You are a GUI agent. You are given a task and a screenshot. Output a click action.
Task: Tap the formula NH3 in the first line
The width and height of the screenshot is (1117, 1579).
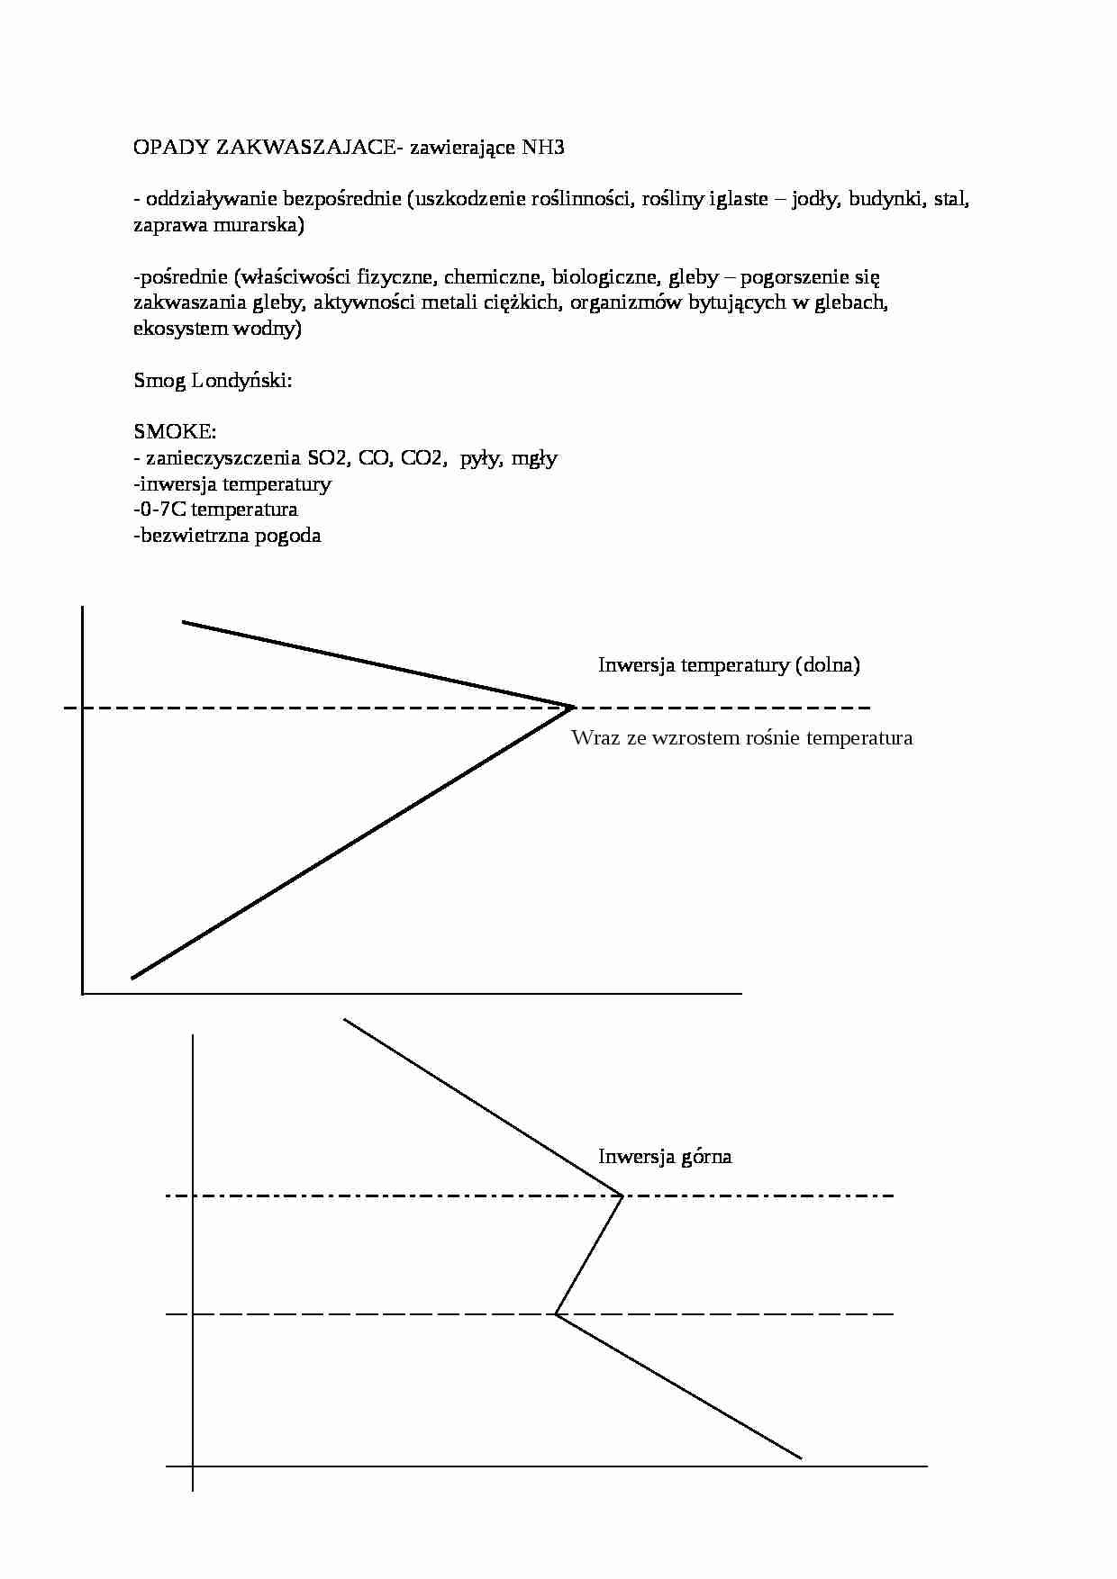[543, 148]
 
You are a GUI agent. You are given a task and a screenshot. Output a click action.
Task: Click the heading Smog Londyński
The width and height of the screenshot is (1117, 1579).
[213, 381]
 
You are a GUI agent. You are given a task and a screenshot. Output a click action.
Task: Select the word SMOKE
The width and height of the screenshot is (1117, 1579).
[175, 432]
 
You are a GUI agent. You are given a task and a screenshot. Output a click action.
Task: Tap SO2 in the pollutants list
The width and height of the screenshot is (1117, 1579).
[327, 458]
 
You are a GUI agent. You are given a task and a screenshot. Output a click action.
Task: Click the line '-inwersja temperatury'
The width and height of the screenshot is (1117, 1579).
[232, 484]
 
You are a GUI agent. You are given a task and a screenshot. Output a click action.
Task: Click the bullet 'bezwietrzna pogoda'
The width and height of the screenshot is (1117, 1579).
[229, 536]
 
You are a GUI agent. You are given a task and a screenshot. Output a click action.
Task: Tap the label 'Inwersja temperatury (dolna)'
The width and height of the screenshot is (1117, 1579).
[729, 665]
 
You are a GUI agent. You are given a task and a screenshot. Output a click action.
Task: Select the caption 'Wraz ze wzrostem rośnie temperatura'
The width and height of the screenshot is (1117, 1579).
[741, 738]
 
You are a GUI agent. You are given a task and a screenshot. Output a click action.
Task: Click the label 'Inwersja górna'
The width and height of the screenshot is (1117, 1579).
[665, 1157]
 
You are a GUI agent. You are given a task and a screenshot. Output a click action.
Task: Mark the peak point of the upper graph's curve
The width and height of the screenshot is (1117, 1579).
[573, 707]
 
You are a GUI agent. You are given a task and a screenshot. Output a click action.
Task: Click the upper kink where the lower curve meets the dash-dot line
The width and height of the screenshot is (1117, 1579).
[622, 1196]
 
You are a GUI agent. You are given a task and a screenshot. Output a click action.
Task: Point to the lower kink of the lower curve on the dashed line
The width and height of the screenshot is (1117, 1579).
[556, 1314]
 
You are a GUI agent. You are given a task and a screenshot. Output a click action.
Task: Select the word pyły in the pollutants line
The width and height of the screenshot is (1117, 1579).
[479, 458]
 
